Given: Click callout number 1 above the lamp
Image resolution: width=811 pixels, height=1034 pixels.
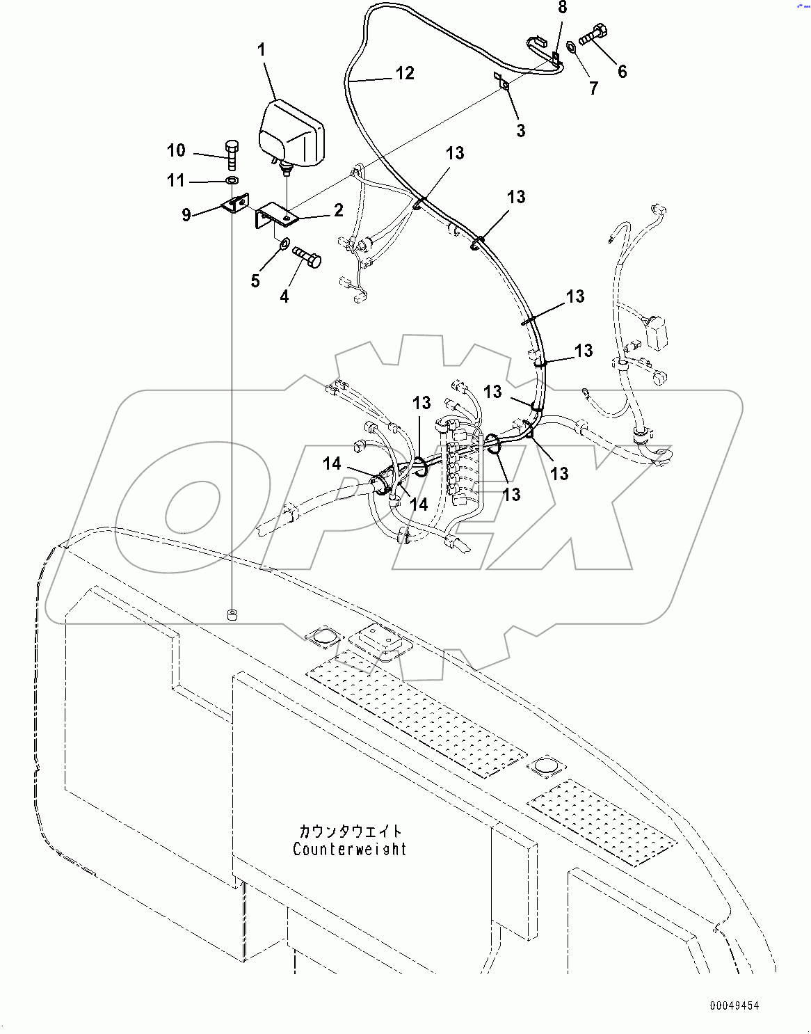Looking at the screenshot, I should (x=262, y=50).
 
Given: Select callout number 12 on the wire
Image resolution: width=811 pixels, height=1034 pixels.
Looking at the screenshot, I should (x=405, y=73).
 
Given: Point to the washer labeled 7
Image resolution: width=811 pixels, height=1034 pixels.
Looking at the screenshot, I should (x=571, y=47).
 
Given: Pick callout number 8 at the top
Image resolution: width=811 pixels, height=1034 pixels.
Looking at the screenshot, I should (x=562, y=8).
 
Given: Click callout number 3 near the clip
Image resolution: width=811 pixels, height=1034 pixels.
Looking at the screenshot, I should (x=521, y=130).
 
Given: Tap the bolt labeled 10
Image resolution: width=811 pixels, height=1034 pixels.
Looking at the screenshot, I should (x=232, y=154).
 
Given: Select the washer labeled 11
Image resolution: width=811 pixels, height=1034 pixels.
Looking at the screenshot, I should (x=230, y=182).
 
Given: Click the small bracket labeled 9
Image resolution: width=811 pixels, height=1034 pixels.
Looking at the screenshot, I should (x=234, y=205).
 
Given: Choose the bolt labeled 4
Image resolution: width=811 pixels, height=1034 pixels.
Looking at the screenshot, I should (x=307, y=257).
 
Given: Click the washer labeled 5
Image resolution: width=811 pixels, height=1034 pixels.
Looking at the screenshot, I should (x=283, y=244).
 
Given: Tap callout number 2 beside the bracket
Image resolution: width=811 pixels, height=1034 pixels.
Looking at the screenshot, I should (x=338, y=210).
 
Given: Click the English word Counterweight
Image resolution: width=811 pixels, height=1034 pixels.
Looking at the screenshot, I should (x=350, y=849).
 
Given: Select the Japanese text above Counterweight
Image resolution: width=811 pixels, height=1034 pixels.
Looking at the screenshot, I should (x=351, y=831).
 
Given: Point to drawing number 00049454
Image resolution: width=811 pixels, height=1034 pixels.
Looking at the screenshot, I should (x=734, y=1005).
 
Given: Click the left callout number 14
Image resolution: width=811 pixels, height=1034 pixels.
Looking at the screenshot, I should (x=332, y=463).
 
